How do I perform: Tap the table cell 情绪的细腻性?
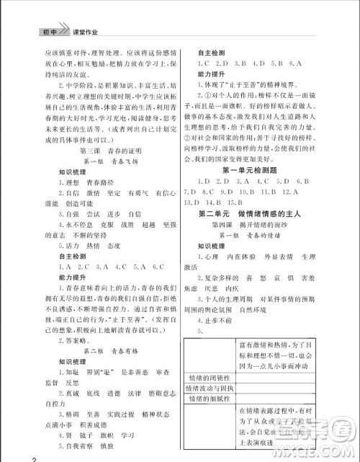207,401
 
